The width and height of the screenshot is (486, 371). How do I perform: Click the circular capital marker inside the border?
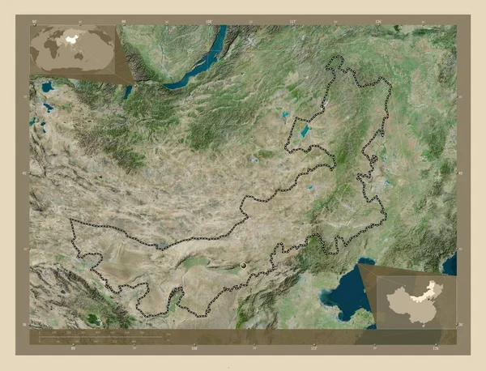pyautogui.click(x=243, y=265)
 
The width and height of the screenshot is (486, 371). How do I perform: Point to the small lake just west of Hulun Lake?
pyautogui.click(x=285, y=116)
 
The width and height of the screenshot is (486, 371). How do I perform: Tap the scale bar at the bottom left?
pyautogui.click(x=97, y=333)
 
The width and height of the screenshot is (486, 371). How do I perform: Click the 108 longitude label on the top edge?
pyautogui.click(x=208, y=20)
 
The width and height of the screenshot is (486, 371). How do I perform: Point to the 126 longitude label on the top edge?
pyautogui.click(x=377, y=20)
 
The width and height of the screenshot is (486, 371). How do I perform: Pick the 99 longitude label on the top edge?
pyautogui.click(x=123, y=20)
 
